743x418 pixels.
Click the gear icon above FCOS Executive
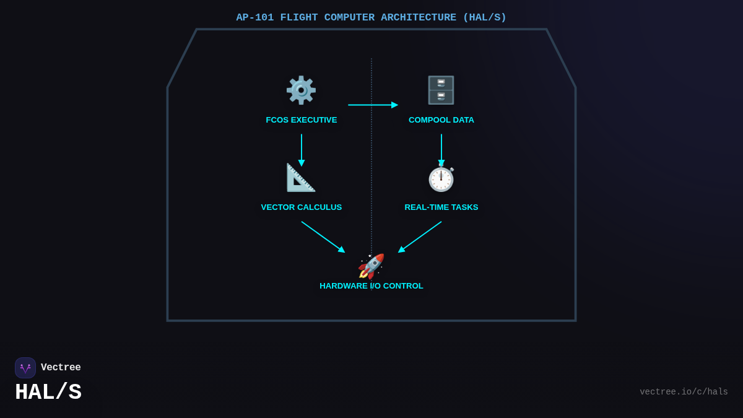[301, 90]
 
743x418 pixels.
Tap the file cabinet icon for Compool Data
[441, 90]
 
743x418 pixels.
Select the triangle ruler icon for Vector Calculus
[301, 178]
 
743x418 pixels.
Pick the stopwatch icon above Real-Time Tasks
[441, 179]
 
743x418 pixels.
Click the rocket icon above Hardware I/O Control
[371, 266]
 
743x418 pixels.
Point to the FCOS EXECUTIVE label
[302, 120]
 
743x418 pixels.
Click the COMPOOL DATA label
[441, 120]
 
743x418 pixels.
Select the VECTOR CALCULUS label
[302, 207]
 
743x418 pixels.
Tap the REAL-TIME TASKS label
[441, 207]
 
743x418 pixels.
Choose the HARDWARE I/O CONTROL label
[371, 286]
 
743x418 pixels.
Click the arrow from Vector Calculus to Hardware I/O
[323, 237]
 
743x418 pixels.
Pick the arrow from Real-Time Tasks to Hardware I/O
[420, 237]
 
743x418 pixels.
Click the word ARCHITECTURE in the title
[419, 17]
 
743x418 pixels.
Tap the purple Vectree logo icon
[25, 368]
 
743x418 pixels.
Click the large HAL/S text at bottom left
[48, 393]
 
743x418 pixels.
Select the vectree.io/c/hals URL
[684, 392]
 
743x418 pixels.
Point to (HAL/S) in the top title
[485, 17]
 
